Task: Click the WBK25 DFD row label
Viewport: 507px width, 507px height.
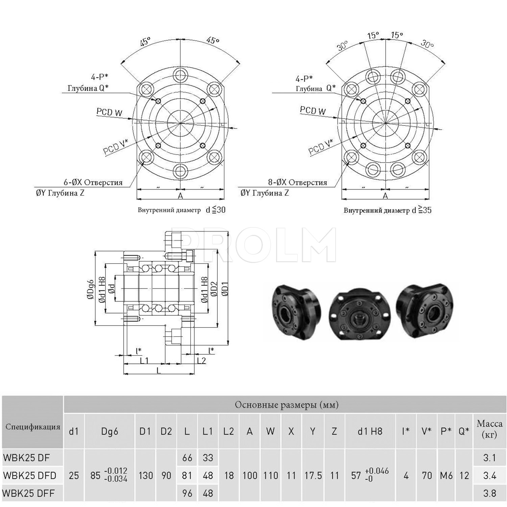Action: coord(30,475)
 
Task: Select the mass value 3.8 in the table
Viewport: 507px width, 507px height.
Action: coord(489,493)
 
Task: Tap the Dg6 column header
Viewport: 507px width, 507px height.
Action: coord(110,431)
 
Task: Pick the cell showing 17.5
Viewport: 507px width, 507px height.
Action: coord(313,476)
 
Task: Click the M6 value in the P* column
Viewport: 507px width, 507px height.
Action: coord(446,476)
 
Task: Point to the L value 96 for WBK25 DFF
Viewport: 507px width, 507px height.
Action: coord(187,493)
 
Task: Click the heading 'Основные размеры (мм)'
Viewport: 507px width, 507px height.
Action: coord(287,405)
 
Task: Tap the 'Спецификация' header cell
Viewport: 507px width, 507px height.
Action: coord(33,427)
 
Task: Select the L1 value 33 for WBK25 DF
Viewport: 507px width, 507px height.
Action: coord(208,458)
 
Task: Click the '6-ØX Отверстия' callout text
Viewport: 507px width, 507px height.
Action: coord(93,183)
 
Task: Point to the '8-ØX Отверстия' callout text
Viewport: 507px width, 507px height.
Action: coord(298,183)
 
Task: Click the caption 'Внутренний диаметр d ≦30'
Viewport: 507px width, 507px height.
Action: coord(182,210)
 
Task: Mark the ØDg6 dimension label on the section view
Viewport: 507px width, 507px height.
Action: coord(90,289)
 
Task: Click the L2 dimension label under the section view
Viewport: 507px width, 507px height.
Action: coord(201,360)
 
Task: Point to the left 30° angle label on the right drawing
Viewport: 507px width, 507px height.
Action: coord(342,46)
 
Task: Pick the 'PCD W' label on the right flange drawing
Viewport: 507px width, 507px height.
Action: coord(313,111)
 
